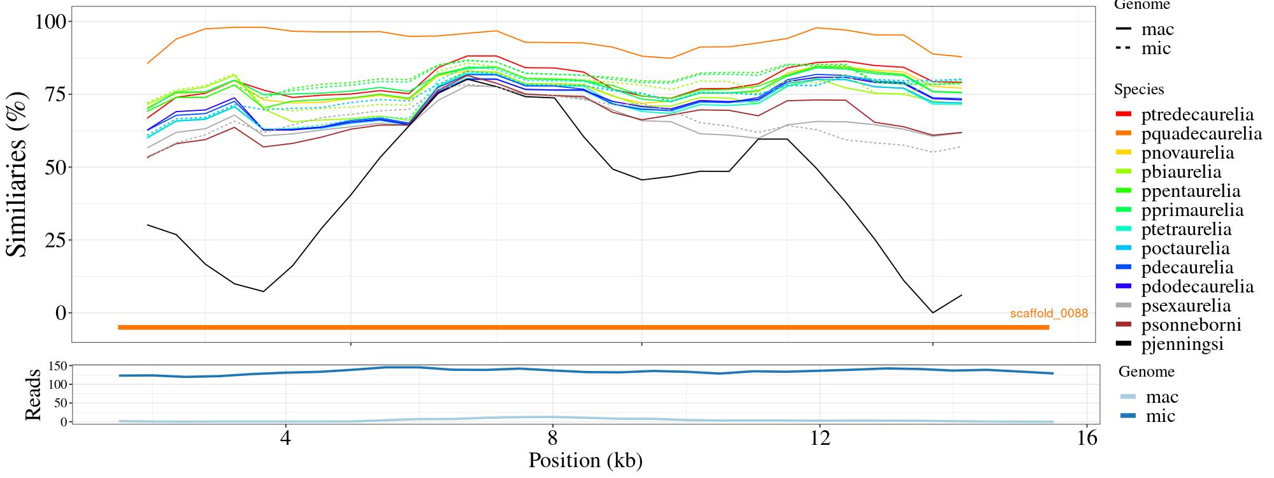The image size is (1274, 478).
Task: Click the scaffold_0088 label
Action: tap(1049, 314)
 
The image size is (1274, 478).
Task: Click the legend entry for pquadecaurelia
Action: tap(1201, 134)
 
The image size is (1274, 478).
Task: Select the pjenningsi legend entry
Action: tap(1182, 344)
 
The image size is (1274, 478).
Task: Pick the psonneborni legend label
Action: tap(1191, 325)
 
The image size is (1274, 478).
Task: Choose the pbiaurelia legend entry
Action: tap(1181, 172)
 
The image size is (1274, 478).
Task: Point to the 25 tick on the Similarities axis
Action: tap(54, 240)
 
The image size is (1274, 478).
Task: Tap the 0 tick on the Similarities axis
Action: tap(61, 313)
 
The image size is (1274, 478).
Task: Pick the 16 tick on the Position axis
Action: tap(1087, 438)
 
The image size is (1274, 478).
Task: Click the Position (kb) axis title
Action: tap(585, 460)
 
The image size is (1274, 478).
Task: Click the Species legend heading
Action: tap(1139, 90)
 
